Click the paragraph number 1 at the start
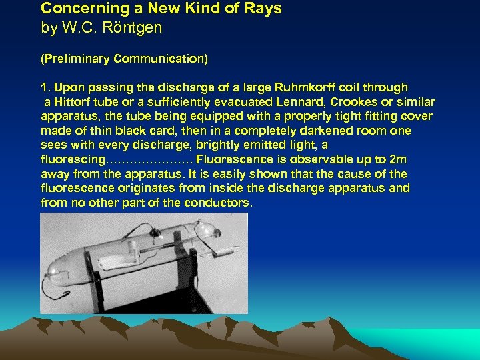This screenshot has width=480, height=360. (x=44, y=87)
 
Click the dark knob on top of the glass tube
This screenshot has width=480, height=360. (x=155, y=232)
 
